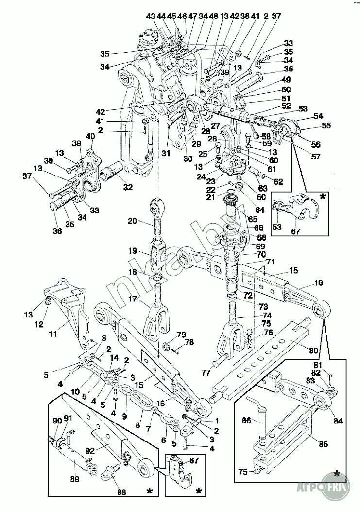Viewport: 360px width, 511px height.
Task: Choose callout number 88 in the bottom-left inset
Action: click(x=121, y=492)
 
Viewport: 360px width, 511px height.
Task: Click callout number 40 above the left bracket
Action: click(x=91, y=137)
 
